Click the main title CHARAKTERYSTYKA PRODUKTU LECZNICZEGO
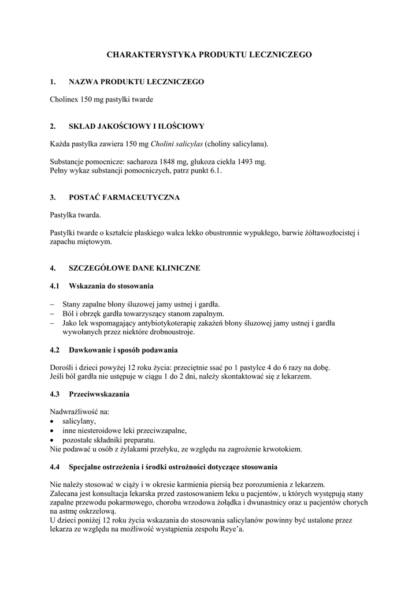pyautogui.click(x=209, y=54)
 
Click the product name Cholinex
pyautogui.click(x=65, y=100)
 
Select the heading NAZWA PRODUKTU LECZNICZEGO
pyautogui.click(x=136, y=83)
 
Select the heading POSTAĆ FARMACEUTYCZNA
pyautogui.click(x=124, y=197)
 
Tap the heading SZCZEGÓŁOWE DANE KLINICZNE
pyautogui.click(x=135, y=268)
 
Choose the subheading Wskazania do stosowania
pyautogui.click(x=111, y=286)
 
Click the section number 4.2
pyautogui.click(x=55, y=350)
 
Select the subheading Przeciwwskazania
pyautogui.click(x=99, y=394)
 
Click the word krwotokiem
pyautogui.click(x=282, y=448)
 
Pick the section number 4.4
pyautogui.click(x=55, y=466)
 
